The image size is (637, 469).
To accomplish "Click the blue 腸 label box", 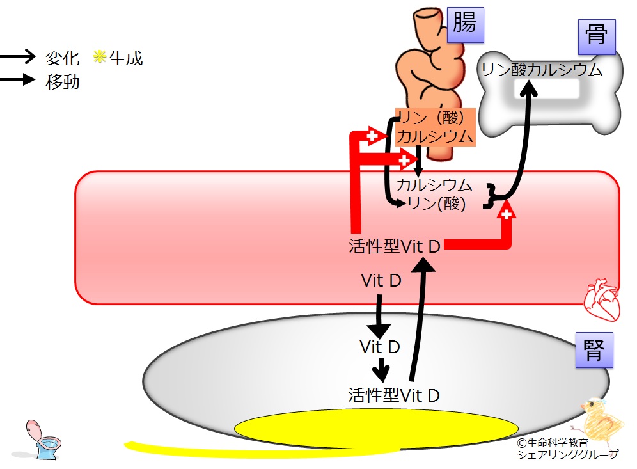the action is coord(465,25).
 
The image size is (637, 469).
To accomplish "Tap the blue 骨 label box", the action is coord(596,37).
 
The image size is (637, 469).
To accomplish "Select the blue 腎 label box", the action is coord(594,350).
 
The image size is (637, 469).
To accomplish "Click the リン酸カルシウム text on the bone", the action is coord(542,70).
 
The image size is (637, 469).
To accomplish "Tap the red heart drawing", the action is coord(602,299).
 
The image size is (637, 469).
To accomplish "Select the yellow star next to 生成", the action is coord(100,56).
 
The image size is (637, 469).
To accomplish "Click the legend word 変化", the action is coord(62,58).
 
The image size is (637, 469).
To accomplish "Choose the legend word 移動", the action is coord(62,82).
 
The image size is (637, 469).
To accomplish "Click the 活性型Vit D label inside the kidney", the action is coord(394,395).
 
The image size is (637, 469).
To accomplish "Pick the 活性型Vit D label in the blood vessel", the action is coord(395,246).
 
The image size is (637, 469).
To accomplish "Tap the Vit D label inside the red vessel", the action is coord(381,280).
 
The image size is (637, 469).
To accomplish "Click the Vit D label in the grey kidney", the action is coord(380,347).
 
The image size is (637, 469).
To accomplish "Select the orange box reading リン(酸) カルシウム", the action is coord(435,127).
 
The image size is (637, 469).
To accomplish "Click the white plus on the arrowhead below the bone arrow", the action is coord(506,214).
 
